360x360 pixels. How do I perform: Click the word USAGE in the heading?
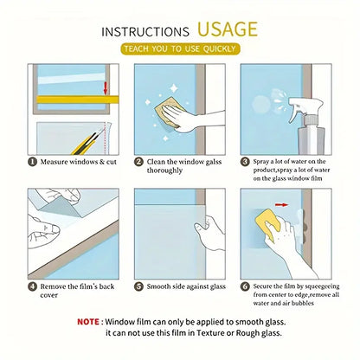point(228,29)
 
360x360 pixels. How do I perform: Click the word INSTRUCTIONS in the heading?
point(145,32)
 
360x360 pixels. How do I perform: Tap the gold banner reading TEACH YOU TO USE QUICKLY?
point(180,48)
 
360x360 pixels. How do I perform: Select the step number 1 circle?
point(32,162)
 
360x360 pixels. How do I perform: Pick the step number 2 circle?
point(138,162)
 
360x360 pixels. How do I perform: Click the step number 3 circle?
point(245,162)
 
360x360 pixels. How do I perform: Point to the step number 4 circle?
point(32,286)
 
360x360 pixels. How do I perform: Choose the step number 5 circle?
point(138,286)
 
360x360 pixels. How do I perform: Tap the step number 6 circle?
point(245,286)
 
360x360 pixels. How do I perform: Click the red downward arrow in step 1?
point(106,88)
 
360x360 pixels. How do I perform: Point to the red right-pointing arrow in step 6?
point(281,205)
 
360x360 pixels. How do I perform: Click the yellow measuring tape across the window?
point(78,100)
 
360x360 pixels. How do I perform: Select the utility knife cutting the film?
point(86,142)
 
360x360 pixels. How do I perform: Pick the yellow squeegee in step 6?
point(268,225)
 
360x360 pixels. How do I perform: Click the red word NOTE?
point(88,322)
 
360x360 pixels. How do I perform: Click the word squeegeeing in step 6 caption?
point(322,286)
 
